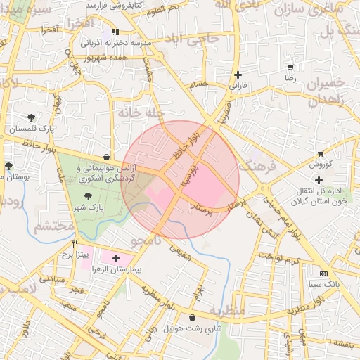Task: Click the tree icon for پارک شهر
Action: [x=88, y=197]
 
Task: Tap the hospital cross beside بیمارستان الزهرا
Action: [x=116, y=258]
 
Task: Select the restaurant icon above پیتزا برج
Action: [x=75, y=243]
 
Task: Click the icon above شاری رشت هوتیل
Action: [x=192, y=318]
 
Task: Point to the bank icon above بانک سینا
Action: [x=323, y=274]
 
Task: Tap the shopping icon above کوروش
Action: [x=321, y=153]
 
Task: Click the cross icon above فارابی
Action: [x=238, y=75]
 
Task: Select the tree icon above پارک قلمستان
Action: [x=31, y=117]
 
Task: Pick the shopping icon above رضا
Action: [x=290, y=67]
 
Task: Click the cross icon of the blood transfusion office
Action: [x=319, y=181]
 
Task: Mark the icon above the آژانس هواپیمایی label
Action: [x=105, y=157]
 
